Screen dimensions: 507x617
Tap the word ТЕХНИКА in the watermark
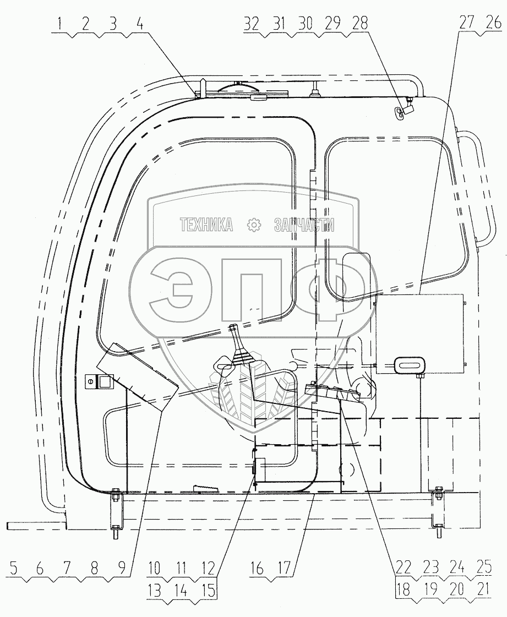tap(206, 224)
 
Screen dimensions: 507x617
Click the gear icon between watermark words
tap(254, 224)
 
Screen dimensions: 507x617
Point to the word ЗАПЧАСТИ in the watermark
tap(304, 224)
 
